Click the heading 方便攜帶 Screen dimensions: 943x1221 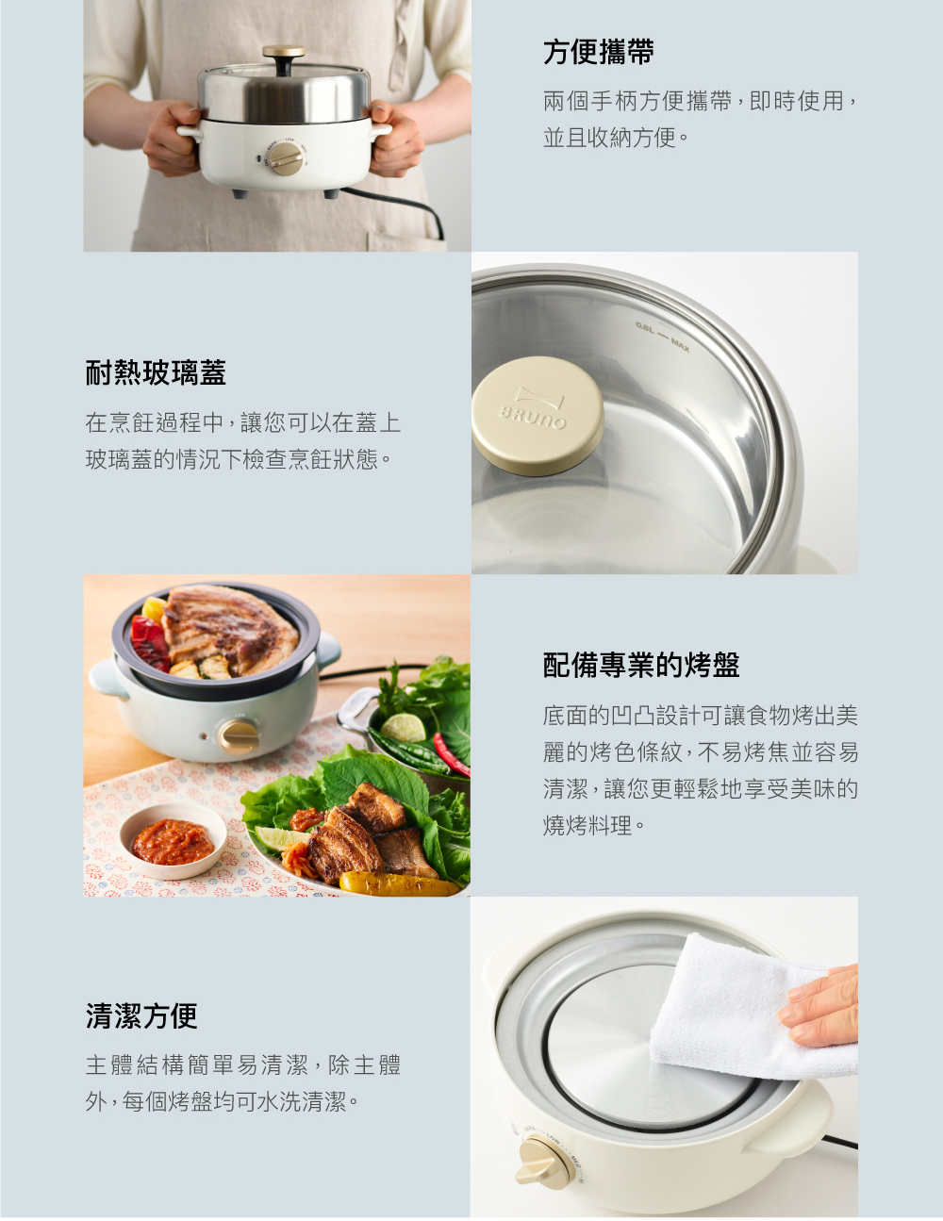(599, 52)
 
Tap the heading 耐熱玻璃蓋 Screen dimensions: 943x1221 (156, 372)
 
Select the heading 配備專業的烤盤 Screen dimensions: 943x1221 (641, 665)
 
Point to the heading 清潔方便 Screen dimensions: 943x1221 (141, 1015)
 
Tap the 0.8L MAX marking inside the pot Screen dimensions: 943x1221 (663, 336)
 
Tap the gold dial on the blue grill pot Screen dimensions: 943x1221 (239, 736)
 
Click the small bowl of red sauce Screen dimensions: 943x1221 (174, 841)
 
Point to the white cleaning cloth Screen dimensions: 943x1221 (748, 1009)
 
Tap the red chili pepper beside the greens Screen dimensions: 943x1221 (451, 754)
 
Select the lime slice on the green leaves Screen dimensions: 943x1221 (403, 728)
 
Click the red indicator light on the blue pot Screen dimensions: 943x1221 (203, 736)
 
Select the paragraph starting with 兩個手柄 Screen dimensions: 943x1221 (700, 119)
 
